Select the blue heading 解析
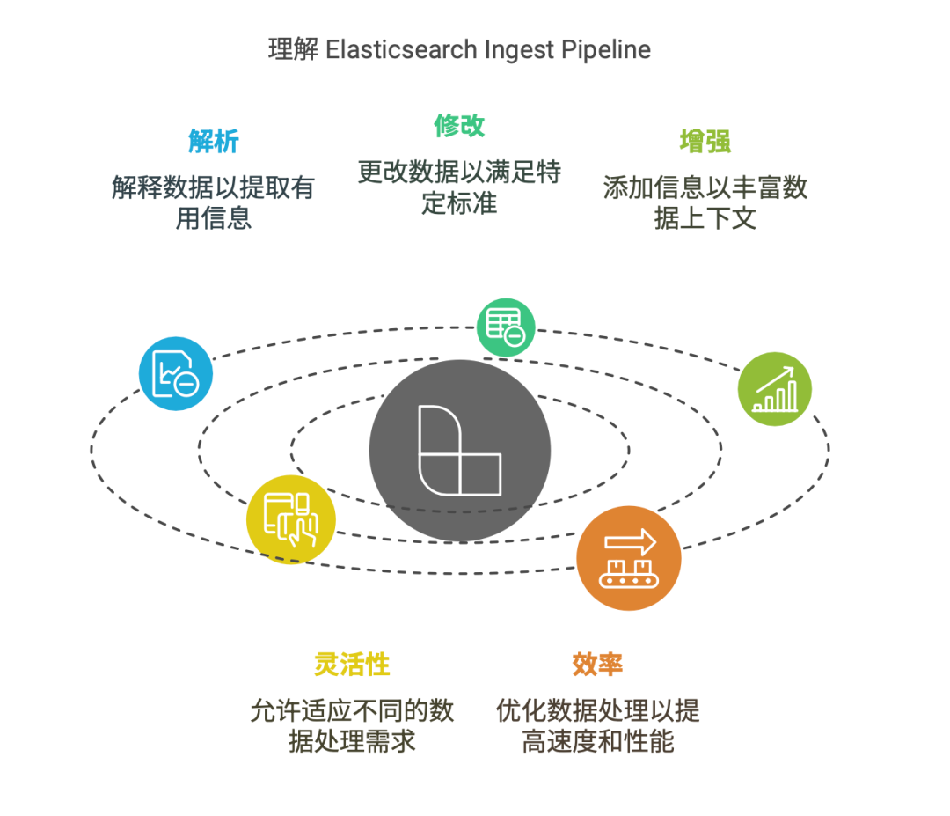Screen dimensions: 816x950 [213, 141]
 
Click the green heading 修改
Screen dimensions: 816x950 [459, 125]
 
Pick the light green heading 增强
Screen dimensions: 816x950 [705, 141]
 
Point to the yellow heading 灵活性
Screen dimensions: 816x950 [352, 664]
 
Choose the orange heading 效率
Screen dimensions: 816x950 [597, 664]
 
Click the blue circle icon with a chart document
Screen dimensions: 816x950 [176, 374]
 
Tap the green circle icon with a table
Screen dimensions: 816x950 [506, 327]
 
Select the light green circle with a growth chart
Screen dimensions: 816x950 [774, 390]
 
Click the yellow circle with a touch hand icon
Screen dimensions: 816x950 [290, 519]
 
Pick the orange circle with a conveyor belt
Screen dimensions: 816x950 [629, 558]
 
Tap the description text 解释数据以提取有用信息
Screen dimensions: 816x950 [213, 202]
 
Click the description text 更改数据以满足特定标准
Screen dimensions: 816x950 [459, 186]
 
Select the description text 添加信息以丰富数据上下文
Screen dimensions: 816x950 [705, 202]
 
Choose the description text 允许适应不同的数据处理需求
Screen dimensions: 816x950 [352, 724]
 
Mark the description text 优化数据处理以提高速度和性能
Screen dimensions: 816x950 [597, 724]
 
